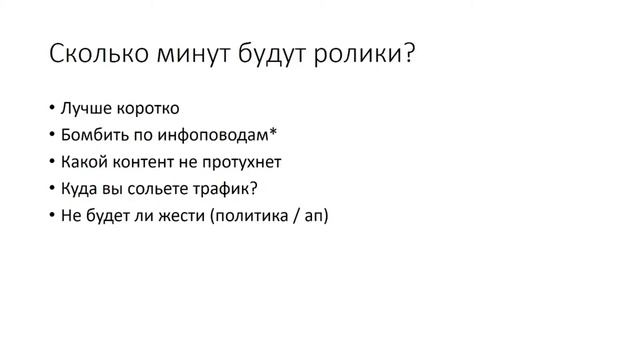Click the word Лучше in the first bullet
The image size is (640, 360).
pos(83,108)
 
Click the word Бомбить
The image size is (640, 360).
pos(93,134)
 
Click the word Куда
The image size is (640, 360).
pos(80,186)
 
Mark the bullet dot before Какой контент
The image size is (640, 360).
pos(50,161)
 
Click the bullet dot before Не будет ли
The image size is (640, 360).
pos(50,213)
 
